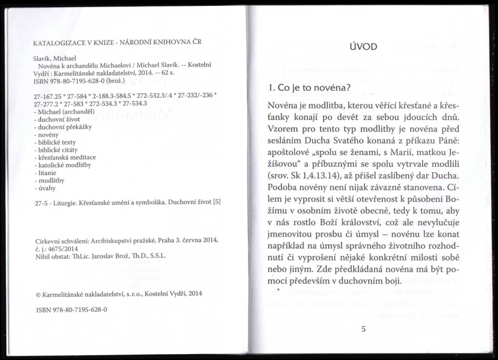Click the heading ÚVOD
[363, 46]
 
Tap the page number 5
[363, 328]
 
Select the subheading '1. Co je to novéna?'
[309, 88]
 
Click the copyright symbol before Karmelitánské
[38, 294]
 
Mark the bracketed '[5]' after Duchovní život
[217, 202]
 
